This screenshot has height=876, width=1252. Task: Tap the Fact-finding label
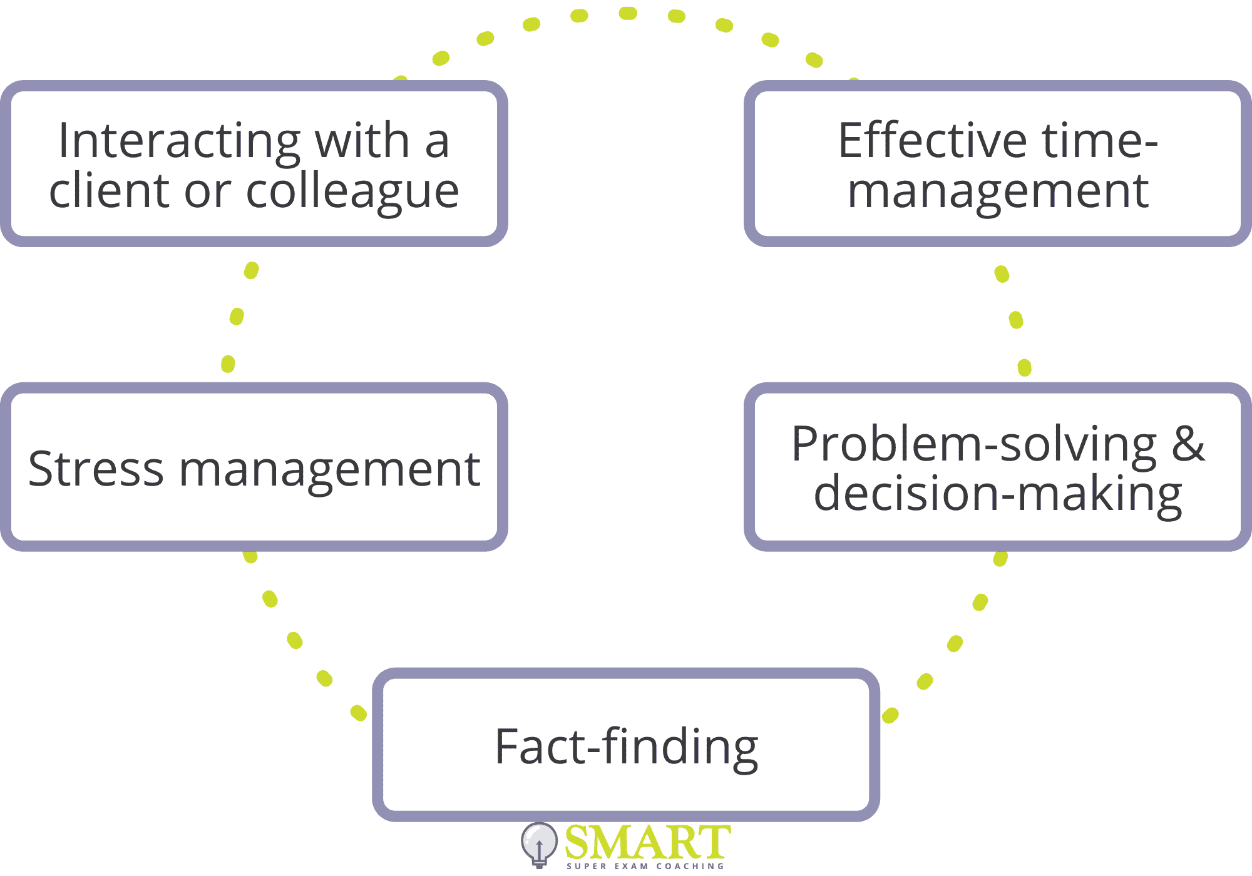626,748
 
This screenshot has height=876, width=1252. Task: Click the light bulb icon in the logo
539,844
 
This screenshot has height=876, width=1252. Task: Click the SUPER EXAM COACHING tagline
645,866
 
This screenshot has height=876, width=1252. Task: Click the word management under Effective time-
998,191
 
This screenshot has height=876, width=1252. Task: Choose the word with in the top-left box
362,140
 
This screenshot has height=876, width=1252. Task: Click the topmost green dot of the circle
628,13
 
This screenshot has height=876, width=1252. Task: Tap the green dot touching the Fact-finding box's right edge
890,715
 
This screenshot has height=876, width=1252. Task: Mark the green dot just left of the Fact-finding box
359,713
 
